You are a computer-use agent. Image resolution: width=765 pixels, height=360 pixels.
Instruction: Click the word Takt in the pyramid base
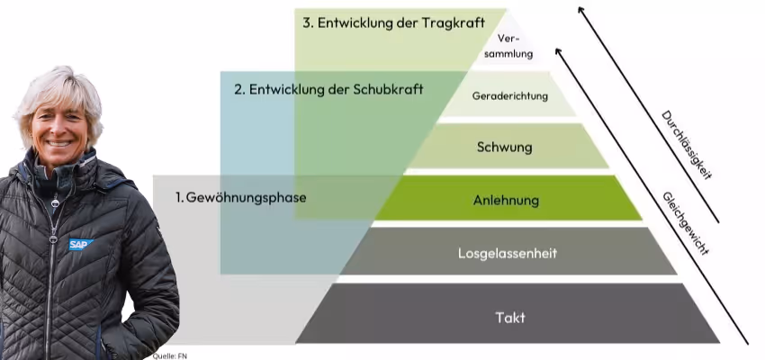[x=509, y=317]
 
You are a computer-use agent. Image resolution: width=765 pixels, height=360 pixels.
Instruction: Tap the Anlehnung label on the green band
[x=506, y=200]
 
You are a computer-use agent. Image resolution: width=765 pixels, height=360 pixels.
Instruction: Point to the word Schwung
[x=506, y=147]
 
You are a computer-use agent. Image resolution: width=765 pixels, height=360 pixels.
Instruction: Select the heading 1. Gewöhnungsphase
[x=241, y=197]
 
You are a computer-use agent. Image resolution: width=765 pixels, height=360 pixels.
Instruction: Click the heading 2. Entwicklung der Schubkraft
[x=328, y=90]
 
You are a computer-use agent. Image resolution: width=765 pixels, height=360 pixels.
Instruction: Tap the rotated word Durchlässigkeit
[x=686, y=145]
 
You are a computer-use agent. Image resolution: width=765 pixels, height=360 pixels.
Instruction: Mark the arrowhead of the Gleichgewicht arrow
[x=559, y=50]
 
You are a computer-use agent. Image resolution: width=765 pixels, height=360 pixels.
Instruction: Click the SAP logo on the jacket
[x=81, y=244]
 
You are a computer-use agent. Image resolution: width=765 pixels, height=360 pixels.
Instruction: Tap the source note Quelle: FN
[x=169, y=355]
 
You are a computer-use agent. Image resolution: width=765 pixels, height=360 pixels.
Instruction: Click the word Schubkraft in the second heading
[x=389, y=90]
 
